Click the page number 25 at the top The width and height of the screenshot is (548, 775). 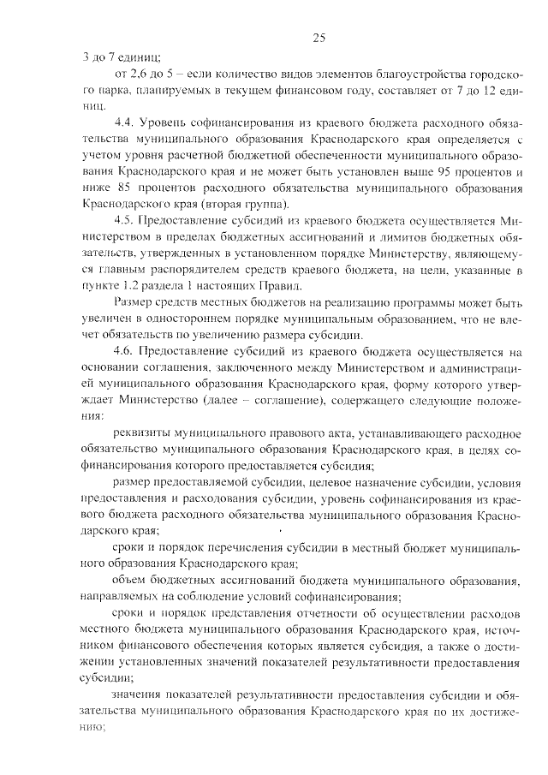tap(319, 38)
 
